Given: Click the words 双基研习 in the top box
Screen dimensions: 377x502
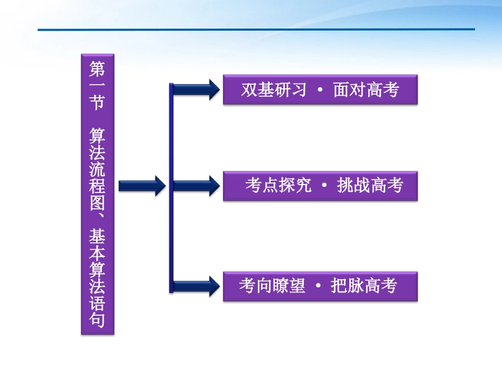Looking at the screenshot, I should [274, 90].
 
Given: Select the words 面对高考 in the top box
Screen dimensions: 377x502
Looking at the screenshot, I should [366, 90].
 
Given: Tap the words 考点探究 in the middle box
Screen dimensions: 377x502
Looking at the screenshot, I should [278, 186].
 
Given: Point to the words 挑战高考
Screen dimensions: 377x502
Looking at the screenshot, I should [370, 186].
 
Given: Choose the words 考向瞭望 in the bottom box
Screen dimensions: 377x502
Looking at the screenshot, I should [272, 286].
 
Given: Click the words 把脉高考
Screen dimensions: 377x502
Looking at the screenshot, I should [364, 286].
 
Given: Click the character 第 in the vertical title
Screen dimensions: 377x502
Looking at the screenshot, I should [97, 68].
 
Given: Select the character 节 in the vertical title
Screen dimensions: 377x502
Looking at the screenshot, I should [97, 102].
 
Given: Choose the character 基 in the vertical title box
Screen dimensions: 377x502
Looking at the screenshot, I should [97, 237].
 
